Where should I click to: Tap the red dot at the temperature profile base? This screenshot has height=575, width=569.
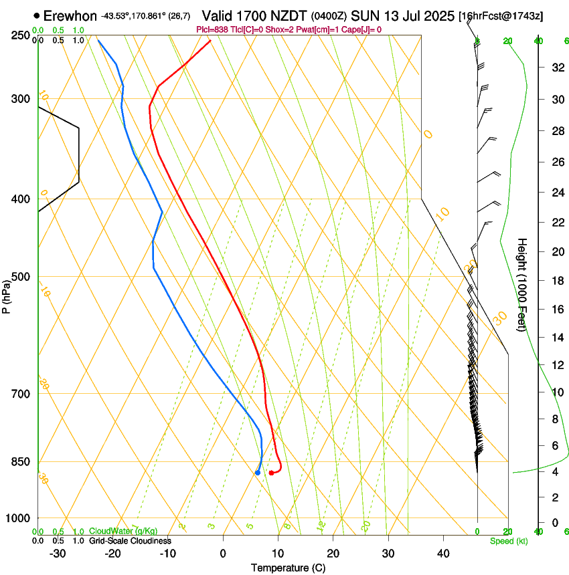point(271,473)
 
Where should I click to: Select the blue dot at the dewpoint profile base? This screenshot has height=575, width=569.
point(258,473)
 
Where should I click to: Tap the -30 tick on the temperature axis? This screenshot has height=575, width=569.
point(58,553)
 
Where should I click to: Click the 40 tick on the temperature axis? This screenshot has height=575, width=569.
point(442,553)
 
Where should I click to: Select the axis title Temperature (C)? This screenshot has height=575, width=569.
point(288,568)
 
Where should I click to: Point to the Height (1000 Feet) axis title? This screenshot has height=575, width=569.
point(523,284)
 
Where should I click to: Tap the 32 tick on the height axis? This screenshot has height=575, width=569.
point(556,68)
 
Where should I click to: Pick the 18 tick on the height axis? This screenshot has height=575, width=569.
point(556,281)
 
